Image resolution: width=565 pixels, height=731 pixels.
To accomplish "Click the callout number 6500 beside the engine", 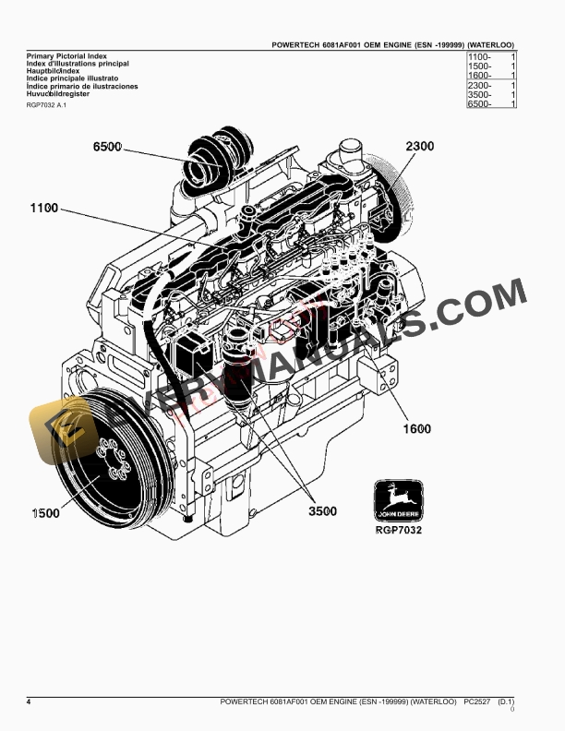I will pyautogui.click(x=108, y=148).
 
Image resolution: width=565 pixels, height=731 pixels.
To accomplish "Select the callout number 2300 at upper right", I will pyautogui.click(x=420, y=146).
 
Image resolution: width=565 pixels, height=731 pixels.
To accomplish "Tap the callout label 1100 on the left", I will pyautogui.click(x=43, y=208).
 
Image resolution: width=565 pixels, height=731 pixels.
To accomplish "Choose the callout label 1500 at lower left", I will pyautogui.click(x=43, y=512).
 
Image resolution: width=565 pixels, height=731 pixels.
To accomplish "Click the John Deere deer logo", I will pyautogui.click(x=399, y=503).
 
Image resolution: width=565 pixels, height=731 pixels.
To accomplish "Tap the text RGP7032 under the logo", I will pyautogui.click(x=399, y=531).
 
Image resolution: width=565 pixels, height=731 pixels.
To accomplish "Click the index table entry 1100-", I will pyautogui.click(x=480, y=57).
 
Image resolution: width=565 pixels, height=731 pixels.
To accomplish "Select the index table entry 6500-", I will pyautogui.click(x=480, y=104).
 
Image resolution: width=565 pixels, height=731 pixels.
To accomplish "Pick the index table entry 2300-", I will pyautogui.click(x=480, y=86).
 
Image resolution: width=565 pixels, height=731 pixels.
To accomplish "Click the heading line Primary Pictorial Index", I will pyautogui.click(x=66, y=56).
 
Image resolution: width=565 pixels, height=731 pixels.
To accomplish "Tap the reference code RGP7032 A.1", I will pyautogui.click(x=47, y=106).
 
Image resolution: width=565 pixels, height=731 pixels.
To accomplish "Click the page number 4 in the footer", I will pyautogui.click(x=29, y=702).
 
